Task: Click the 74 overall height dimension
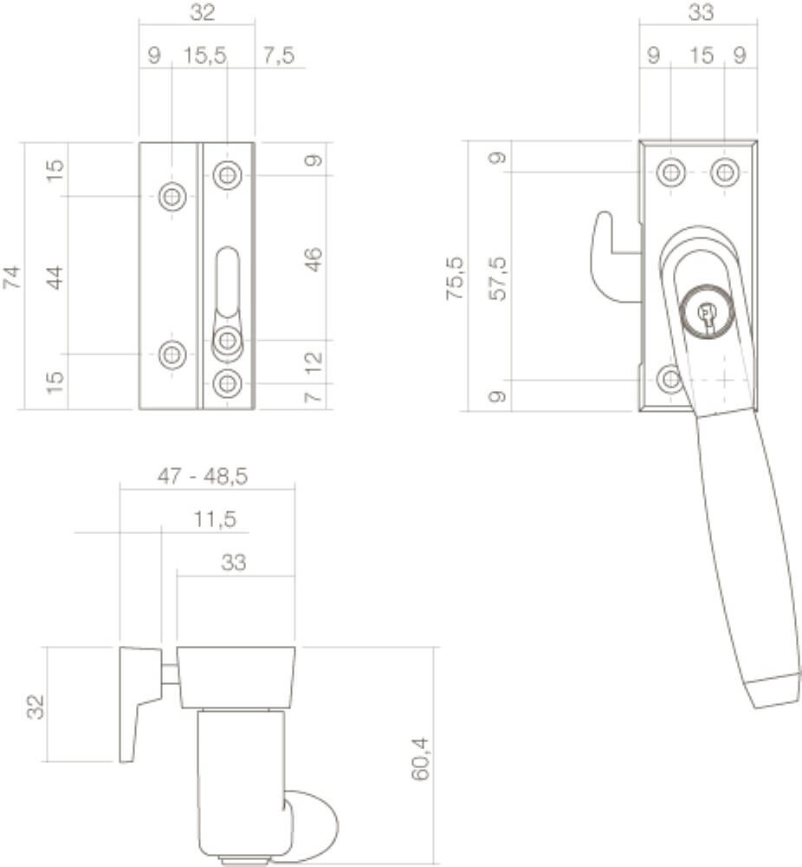tap(11, 277)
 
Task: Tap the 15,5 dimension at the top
tap(204, 55)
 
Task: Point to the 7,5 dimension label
tap(277, 55)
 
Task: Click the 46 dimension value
tap(314, 259)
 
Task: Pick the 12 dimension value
tap(314, 362)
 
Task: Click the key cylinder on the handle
tap(708, 314)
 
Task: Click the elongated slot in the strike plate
tap(226, 282)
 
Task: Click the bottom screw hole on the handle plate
tap(669, 379)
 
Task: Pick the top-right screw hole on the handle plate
tap(725, 172)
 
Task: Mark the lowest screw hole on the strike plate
tap(227, 382)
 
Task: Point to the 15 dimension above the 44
tap(55, 170)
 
